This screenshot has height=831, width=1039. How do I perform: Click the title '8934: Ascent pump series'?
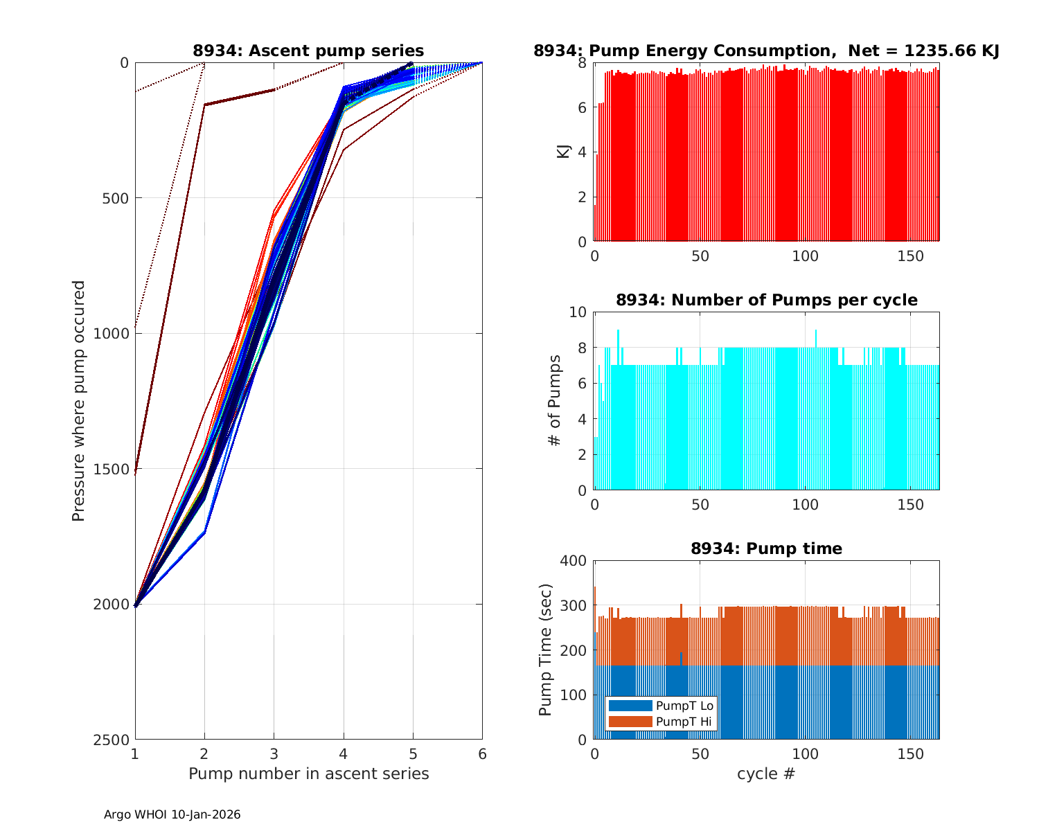tap(308, 51)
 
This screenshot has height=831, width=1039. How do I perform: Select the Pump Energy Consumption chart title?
tap(766, 51)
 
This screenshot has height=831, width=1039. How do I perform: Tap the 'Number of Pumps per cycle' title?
tap(766, 300)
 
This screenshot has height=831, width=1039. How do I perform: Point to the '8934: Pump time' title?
tap(766, 548)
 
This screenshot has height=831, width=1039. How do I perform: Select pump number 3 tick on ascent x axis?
tap(274, 753)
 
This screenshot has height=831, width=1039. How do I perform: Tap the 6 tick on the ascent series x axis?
tap(482, 753)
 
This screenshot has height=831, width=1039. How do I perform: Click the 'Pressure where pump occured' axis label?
tap(78, 401)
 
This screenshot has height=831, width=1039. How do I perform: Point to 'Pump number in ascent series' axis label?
tap(308, 774)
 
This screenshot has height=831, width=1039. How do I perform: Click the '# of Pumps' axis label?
tap(554, 400)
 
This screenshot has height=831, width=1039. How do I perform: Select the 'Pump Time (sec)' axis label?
tap(545, 650)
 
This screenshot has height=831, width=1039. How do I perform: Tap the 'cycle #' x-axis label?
tap(766, 774)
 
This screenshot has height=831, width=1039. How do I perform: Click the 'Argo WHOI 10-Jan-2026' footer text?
tap(172, 814)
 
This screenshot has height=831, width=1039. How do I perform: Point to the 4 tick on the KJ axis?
tap(582, 152)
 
